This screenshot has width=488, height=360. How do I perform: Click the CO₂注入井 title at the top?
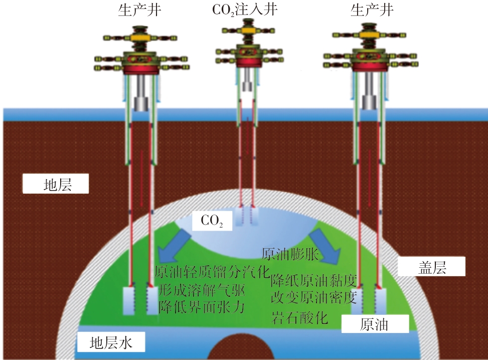(x=245, y=10)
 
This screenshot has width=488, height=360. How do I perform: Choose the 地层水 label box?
(x=110, y=343)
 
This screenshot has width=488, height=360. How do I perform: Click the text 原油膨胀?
(x=290, y=253)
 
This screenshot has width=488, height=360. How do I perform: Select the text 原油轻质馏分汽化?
(x=211, y=273)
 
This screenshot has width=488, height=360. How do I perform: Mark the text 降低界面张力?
(x=202, y=306)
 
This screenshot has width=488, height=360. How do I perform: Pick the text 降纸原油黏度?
(x=313, y=280)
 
